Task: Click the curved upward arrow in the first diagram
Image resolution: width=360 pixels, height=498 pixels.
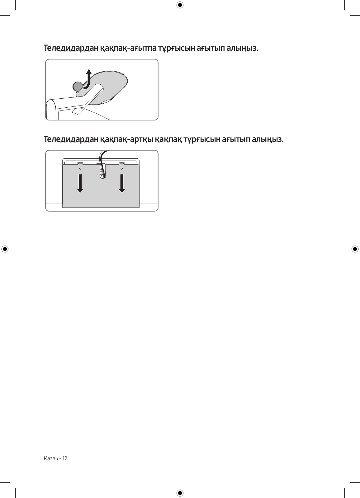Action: pyautogui.click(x=89, y=78)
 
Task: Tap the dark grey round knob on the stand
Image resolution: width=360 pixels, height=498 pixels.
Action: pyautogui.click(x=78, y=86)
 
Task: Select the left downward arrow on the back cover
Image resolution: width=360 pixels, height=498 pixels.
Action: pyautogui.click(x=80, y=183)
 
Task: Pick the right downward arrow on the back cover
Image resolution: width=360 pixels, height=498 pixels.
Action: pyautogui.click(x=122, y=183)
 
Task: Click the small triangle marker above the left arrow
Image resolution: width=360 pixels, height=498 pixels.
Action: pyautogui.click(x=80, y=169)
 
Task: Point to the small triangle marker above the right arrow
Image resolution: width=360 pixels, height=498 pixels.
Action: pyautogui.click(x=122, y=169)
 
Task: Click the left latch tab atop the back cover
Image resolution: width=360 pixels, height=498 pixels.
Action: pyautogui.click(x=80, y=163)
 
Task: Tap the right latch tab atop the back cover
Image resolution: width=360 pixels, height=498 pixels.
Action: pyautogui.click(x=122, y=163)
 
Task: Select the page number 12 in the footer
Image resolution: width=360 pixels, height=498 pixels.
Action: pyautogui.click(x=64, y=458)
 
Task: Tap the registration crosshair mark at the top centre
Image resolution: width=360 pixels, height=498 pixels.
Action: pyautogui.click(x=180, y=5)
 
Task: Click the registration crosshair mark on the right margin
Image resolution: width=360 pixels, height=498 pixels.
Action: pyautogui.click(x=354, y=249)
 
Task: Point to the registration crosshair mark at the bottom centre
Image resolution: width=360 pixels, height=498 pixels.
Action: pyautogui.click(x=180, y=493)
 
